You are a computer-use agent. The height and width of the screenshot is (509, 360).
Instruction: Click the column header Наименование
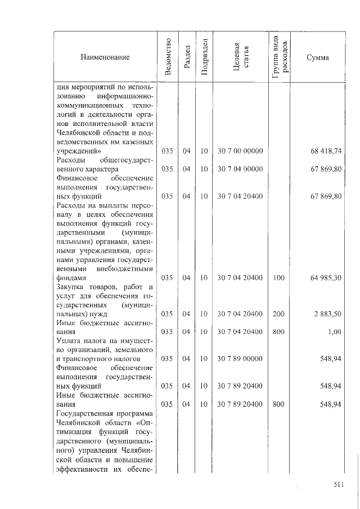(105, 58)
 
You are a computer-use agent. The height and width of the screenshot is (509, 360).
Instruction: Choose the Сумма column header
(318, 58)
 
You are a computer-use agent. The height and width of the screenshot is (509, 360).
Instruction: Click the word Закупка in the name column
(71, 287)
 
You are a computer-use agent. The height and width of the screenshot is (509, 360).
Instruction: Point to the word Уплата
(69, 341)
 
